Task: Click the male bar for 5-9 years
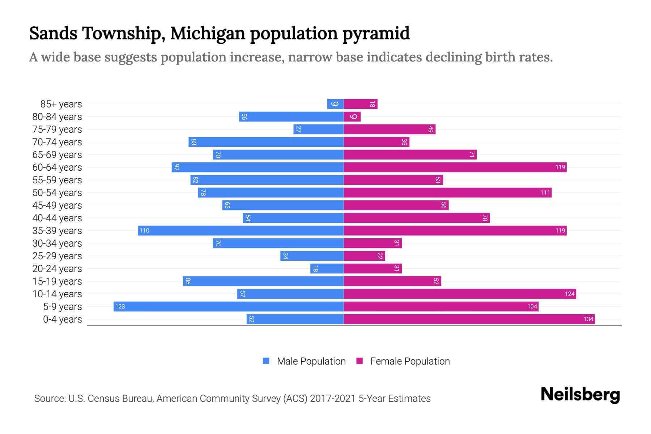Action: (229, 306)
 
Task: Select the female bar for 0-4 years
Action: (469, 319)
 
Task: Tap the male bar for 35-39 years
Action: (241, 230)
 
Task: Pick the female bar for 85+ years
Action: (361, 104)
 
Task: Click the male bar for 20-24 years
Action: (327, 268)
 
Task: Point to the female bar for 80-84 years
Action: (352, 116)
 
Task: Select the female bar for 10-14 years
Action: (460, 294)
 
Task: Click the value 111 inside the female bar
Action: (545, 192)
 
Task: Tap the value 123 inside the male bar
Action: (120, 306)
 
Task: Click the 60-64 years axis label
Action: (57, 167)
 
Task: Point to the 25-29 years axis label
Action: (57, 256)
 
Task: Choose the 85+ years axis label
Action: (61, 104)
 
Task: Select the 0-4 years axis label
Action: (63, 319)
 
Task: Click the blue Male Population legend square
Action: (266, 361)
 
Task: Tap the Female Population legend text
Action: (410, 361)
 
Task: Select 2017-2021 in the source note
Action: (333, 398)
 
